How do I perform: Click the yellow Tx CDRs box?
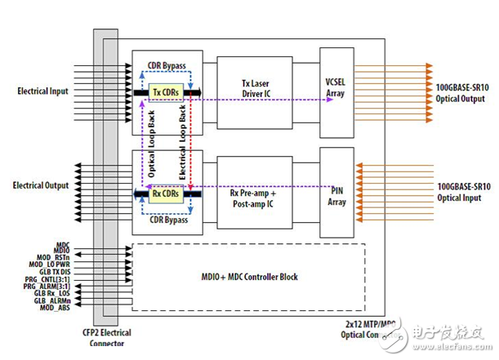(x=167, y=93)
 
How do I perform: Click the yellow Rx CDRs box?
(x=167, y=193)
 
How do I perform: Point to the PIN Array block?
(x=336, y=195)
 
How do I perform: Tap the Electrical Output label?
(x=40, y=185)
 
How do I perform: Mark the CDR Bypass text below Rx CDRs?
(x=167, y=220)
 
